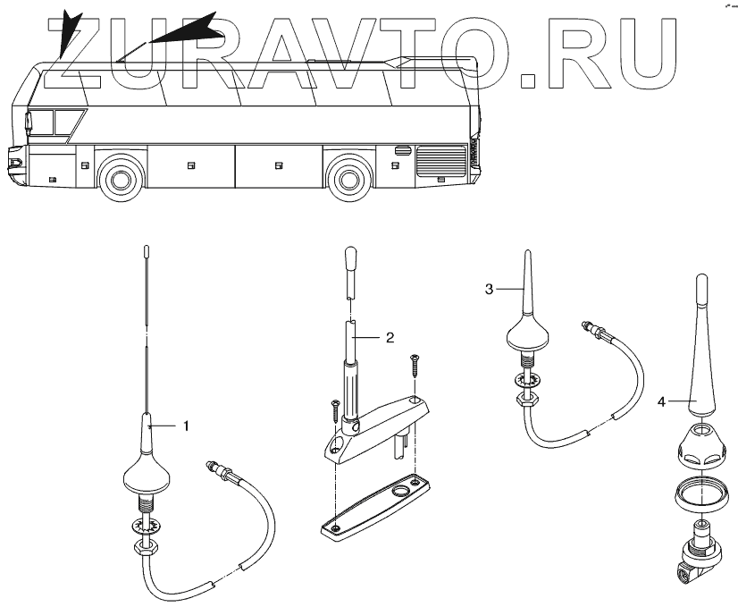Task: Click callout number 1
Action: click(186, 426)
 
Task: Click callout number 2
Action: click(389, 337)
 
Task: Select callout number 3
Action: click(490, 289)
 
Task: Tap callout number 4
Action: click(661, 402)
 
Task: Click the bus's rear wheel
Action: click(348, 177)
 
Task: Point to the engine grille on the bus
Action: click(440, 163)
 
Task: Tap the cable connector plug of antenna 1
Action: click(218, 469)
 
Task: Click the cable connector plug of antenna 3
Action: click(591, 331)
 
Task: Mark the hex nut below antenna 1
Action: click(147, 544)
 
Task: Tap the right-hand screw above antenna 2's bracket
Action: click(415, 364)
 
